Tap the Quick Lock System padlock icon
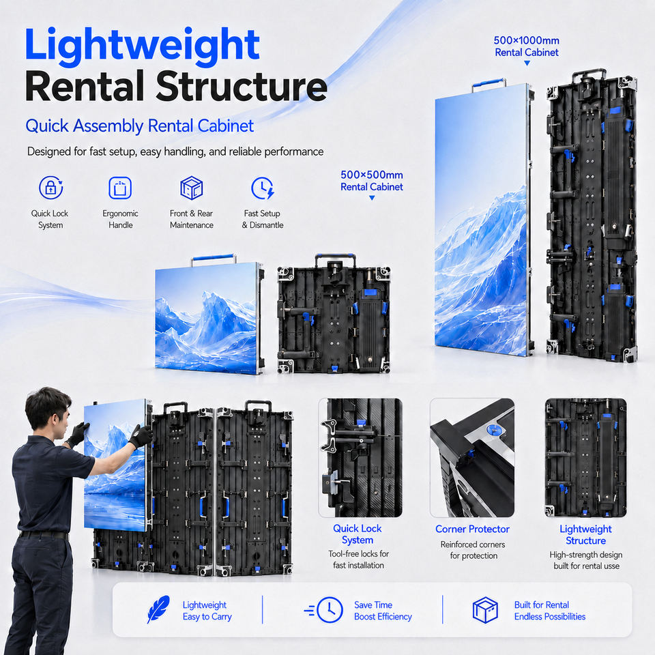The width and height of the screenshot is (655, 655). (x=50, y=188)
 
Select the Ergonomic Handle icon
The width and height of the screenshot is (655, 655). (x=120, y=188)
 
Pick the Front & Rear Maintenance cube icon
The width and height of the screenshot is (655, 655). (x=191, y=188)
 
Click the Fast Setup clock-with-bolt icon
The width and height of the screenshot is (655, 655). (x=262, y=188)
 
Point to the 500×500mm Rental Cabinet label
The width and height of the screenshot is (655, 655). (x=371, y=180)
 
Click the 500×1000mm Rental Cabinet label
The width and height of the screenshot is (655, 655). (x=526, y=46)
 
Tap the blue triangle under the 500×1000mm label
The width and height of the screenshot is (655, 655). (x=527, y=63)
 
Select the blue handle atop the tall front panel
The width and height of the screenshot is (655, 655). (x=489, y=83)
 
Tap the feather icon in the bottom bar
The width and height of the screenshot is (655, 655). (x=158, y=609)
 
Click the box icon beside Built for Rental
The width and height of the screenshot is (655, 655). (x=485, y=610)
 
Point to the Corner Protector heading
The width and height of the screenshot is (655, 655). (x=472, y=529)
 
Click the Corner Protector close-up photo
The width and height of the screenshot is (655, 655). (x=472, y=457)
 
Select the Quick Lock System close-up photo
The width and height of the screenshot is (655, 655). (x=360, y=457)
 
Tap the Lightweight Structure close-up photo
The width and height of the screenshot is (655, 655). (x=585, y=457)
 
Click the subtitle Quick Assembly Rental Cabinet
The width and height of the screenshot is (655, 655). (x=139, y=126)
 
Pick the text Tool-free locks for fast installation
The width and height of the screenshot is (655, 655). (x=358, y=559)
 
